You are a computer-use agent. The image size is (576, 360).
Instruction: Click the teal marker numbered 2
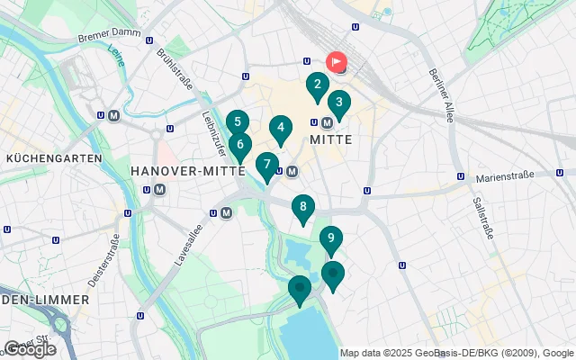click(316, 86)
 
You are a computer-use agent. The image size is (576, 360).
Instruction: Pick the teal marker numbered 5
click(237, 122)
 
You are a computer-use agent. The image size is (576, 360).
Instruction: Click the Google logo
click(30, 349)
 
